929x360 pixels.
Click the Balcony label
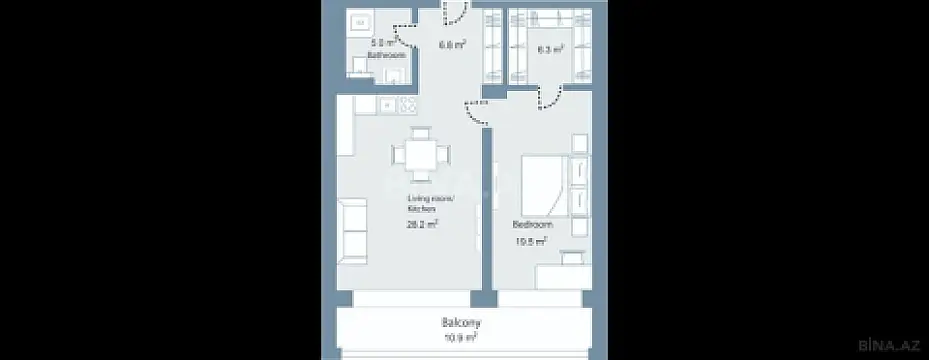461,323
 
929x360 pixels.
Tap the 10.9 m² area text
461,338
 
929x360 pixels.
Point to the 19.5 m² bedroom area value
529,241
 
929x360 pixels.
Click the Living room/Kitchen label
429,205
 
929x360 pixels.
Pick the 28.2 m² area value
424,225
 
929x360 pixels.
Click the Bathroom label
386,57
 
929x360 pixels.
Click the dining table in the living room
421,154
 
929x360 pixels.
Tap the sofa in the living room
351,229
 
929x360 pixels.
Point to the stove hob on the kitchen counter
408,104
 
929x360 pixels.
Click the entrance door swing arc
455,12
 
